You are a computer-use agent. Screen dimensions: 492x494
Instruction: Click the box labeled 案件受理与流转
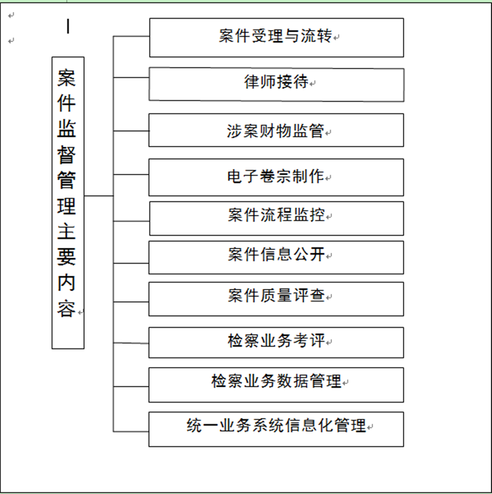[277, 38]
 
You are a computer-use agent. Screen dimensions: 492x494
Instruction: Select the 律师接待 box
[277, 84]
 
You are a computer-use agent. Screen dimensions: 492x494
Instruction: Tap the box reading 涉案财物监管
[276, 130]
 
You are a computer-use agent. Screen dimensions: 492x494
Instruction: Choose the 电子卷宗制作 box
[276, 177]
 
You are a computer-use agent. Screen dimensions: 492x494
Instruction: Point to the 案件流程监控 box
[277, 218]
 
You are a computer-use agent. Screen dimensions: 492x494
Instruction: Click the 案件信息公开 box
[276, 258]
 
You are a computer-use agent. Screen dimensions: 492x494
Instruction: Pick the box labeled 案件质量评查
[276, 299]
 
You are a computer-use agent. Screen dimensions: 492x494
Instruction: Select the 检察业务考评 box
[276, 342]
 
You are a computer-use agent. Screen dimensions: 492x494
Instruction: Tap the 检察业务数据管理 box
[276, 385]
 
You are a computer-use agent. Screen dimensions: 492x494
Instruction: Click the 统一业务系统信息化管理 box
[276, 429]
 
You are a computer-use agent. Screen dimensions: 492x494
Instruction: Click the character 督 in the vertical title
[66, 155]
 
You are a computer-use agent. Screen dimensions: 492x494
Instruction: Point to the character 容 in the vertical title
[66, 309]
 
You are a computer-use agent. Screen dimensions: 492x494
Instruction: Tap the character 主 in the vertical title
[66, 231]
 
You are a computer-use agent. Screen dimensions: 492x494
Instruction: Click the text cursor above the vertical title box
[68, 26]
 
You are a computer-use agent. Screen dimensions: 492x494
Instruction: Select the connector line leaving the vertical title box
[99, 196]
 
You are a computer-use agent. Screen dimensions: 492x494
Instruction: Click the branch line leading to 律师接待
[131, 77]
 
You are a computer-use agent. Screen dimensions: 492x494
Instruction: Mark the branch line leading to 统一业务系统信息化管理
[131, 431]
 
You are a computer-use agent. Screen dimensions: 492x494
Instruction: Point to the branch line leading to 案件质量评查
[131, 302]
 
